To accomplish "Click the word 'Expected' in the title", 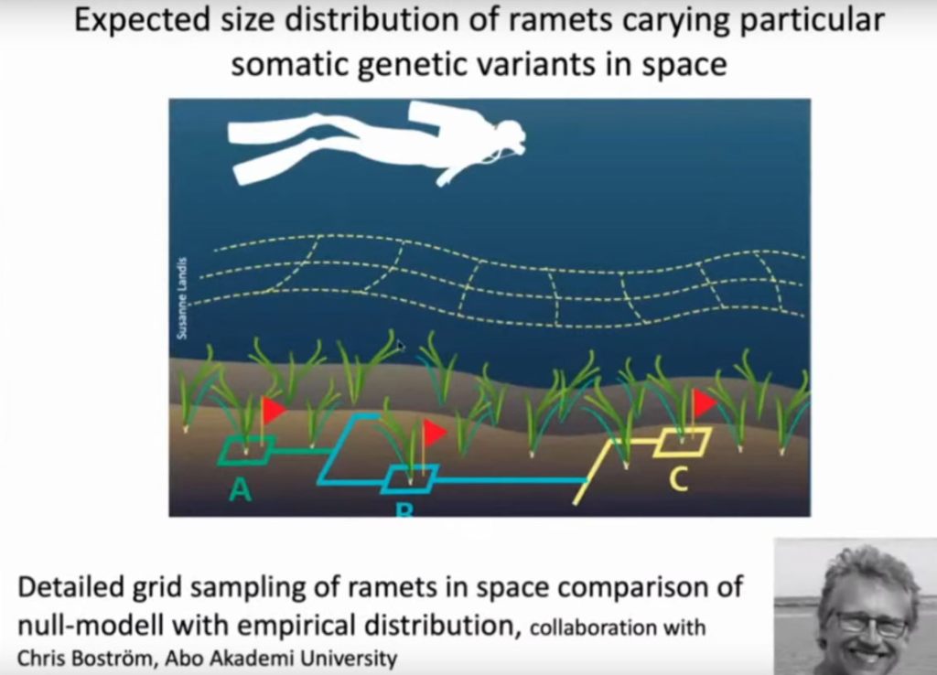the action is [x=143, y=20].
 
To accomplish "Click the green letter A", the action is [x=241, y=490].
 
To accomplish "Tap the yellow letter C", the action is [x=678, y=479].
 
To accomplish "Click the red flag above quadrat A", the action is [x=274, y=410].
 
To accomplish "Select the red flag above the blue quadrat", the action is [x=435, y=432].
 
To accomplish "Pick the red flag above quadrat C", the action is [x=705, y=403].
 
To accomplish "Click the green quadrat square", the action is [x=246, y=450].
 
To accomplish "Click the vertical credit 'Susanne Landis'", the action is [x=182, y=298].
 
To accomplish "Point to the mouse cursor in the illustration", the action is [x=401, y=346].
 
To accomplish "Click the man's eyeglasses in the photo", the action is [x=872, y=624].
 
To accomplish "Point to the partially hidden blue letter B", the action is [x=404, y=509].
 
